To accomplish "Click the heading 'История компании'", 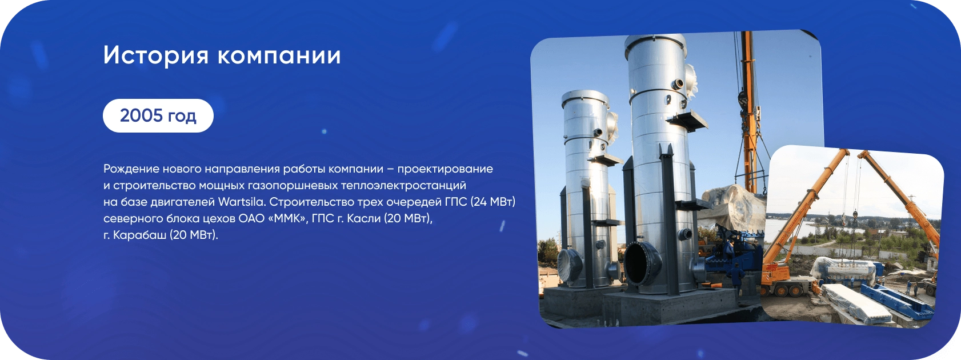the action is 222,55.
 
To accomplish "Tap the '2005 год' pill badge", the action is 158,115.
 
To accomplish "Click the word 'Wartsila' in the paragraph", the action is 242,202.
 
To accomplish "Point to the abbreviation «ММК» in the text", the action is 288,218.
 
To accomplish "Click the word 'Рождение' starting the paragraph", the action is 131,169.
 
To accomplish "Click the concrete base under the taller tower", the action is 669,306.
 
